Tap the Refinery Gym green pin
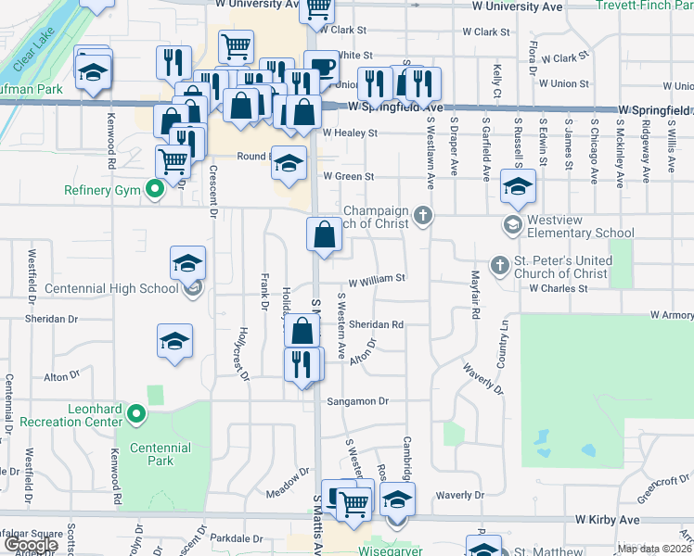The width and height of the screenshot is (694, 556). coord(155,191)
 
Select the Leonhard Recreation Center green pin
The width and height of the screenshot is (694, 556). coord(136,414)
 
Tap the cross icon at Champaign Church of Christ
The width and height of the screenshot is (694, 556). coord(423,216)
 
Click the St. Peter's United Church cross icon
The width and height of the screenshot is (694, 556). coord(500,266)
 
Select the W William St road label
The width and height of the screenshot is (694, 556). coord(377,278)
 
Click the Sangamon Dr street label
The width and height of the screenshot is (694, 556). coord(356,401)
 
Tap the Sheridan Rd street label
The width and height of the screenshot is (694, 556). coord(376,325)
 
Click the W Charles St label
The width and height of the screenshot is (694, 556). coord(559,288)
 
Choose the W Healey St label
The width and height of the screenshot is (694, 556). coord(350,133)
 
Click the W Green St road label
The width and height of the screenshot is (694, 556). coord(348,176)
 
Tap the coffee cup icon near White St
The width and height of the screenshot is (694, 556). coord(321,68)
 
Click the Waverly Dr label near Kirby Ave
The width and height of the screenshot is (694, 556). coord(455,495)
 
